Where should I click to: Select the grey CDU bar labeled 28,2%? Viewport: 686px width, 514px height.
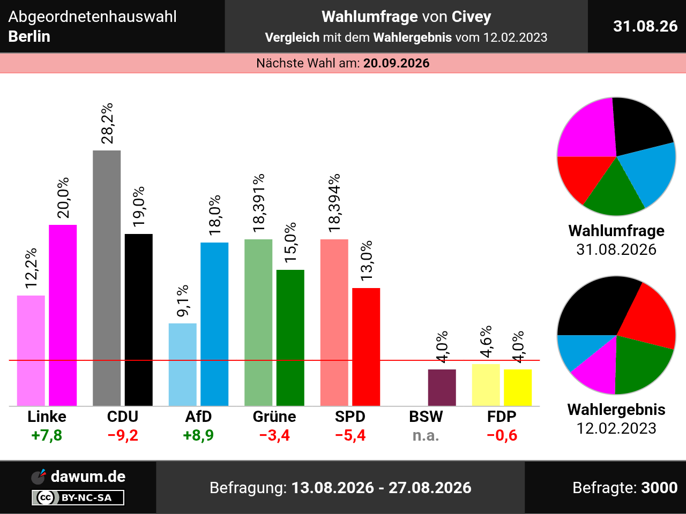[107, 278]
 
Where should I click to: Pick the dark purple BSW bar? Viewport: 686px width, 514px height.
[442, 388]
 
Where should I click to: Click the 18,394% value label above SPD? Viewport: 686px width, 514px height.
[334, 203]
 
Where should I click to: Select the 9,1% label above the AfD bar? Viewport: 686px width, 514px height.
[183, 300]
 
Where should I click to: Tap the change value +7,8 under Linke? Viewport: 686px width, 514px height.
[47, 435]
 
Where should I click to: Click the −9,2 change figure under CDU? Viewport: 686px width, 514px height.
[123, 435]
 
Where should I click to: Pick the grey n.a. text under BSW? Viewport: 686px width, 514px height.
[426, 435]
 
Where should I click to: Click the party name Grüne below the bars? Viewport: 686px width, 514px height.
[274, 417]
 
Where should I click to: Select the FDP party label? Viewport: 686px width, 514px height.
[502, 417]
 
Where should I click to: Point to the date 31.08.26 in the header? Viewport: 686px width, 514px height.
[645, 26]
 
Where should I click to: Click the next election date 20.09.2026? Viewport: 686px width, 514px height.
[396, 63]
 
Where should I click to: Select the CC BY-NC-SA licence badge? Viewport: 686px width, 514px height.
[78, 497]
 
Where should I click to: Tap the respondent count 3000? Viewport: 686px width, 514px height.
[659, 487]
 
